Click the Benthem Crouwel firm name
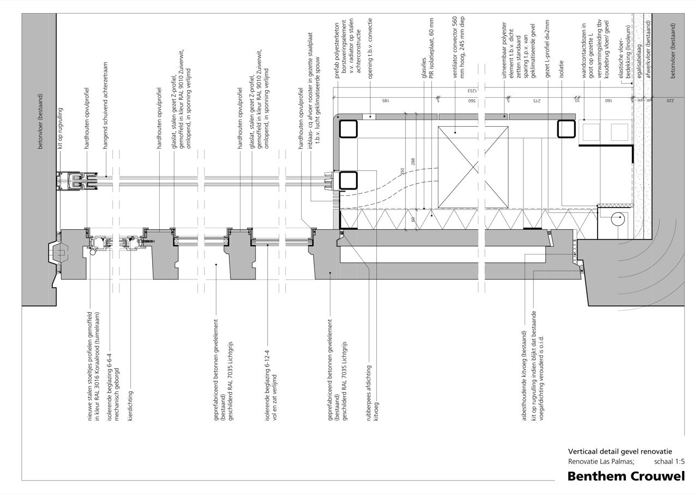pos(625,476)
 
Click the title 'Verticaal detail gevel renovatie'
pos(620,451)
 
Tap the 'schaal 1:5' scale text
pos(669,461)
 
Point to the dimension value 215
pos(537,101)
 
